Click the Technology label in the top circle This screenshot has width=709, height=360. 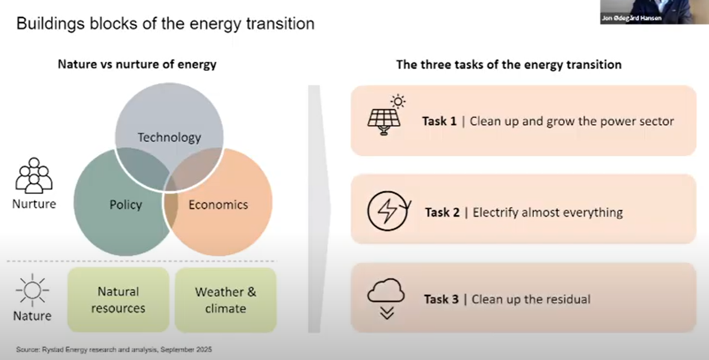(x=169, y=138)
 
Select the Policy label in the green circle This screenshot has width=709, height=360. (x=126, y=205)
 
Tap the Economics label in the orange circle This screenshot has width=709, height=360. (x=219, y=205)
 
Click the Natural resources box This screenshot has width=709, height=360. (x=118, y=300)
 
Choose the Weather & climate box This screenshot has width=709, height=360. (x=226, y=300)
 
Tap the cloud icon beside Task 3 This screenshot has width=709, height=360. (x=386, y=290)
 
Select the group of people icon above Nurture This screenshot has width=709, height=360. (x=34, y=175)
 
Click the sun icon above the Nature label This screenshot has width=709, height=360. (x=32, y=290)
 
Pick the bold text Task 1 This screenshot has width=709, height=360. (x=439, y=121)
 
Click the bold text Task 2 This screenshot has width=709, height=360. (x=442, y=212)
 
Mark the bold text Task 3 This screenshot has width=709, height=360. (x=441, y=299)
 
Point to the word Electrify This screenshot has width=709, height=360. (x=495, y=212)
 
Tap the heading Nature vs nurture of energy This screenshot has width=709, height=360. (x=137, y=64)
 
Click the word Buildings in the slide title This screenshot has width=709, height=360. (x=50, y=24)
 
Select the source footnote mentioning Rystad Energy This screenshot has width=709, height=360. (x=114, y=350)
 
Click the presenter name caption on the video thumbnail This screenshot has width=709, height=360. (x=632, y=18)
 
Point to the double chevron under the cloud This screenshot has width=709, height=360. (x=387, y=313)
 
